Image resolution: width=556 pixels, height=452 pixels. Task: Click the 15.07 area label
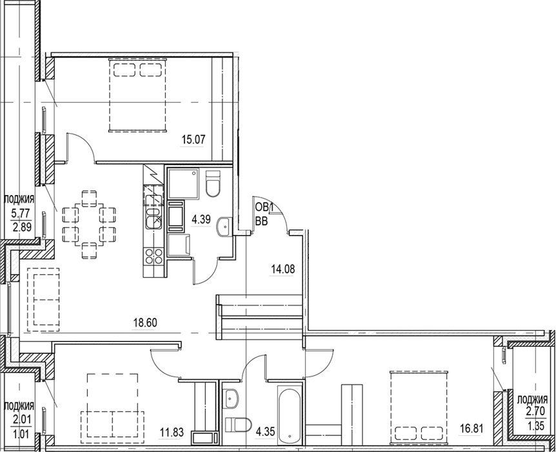194,139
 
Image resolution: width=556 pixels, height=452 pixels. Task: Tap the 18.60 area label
145,323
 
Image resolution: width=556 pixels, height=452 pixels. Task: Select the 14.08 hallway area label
283,269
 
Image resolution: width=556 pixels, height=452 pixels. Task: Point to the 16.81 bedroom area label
471,429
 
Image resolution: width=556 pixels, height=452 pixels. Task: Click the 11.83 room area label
172,433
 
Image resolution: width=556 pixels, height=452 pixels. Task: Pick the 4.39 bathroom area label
201,220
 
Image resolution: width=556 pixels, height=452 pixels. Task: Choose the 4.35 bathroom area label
265,432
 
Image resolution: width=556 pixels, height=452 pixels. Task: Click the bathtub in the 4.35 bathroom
290,416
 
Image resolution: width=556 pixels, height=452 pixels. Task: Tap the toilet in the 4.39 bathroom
213,183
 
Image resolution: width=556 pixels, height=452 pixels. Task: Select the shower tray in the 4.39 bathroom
183,183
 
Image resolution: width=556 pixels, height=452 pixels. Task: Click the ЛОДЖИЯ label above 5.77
19,200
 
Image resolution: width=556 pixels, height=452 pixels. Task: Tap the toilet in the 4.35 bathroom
238,425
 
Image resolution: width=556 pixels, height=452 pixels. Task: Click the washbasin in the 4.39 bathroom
223,226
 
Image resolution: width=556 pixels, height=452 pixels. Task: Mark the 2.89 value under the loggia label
23,227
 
